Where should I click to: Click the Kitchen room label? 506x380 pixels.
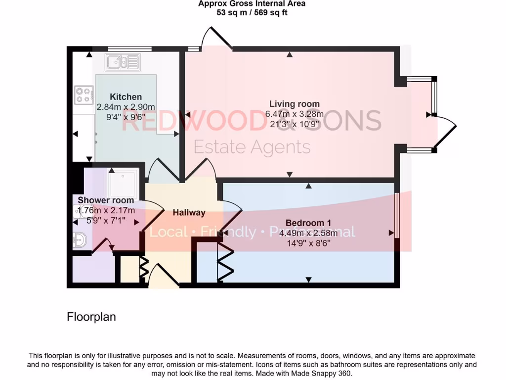[126, 97]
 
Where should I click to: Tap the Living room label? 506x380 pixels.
[294, 104]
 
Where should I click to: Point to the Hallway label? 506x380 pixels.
[189, 213]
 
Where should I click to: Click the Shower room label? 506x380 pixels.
[106, 200]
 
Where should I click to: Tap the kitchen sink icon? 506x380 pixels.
[123, 62]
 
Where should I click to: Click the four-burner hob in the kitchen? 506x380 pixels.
[84, 95]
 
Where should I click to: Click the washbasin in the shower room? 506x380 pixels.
[80, 240]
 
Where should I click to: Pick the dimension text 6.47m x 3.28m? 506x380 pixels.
[294, 114]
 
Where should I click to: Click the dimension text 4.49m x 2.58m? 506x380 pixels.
[308, 233]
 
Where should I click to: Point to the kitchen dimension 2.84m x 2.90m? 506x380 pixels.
[126, 107]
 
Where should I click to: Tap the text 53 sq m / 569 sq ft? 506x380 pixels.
[252, 13]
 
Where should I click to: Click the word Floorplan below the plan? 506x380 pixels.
[91, 317]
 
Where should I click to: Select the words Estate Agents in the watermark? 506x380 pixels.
[252, 147]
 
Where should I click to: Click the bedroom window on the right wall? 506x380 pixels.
[396, 215]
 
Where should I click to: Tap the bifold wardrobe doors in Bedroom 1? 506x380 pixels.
[225, 261]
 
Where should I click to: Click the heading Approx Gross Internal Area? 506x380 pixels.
[252, 4]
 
